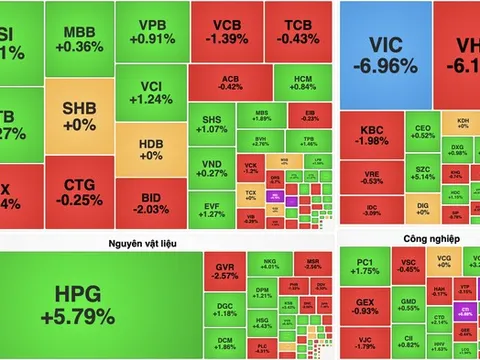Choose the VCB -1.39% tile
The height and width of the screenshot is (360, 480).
tap(226, 32)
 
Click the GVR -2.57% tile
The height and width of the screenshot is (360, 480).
tap(227, 271)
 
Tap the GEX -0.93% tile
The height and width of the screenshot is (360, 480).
tap(365, 306)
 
